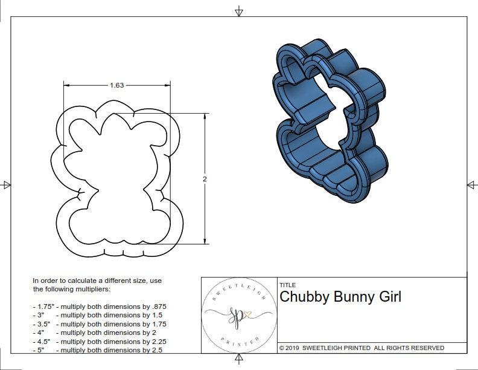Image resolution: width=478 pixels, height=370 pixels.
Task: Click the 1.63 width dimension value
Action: [116, 85]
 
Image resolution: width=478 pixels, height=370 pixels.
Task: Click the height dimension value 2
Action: [205, 180]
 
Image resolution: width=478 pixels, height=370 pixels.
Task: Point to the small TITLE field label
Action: [287, 285]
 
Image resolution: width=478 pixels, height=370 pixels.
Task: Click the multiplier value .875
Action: [158, 307]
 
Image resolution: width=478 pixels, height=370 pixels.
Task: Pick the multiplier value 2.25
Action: [157, 341]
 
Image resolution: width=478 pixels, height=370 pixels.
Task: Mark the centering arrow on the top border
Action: [239, 11]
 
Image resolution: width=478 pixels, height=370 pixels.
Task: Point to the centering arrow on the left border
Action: [6, 184]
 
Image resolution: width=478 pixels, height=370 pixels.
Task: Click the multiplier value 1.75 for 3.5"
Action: [157, 324]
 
